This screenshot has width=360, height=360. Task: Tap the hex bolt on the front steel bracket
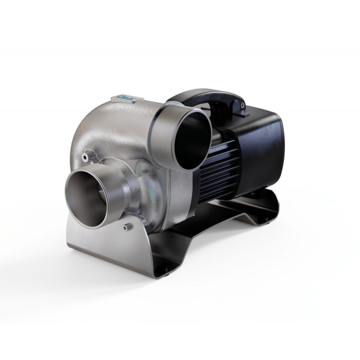point(127,227)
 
